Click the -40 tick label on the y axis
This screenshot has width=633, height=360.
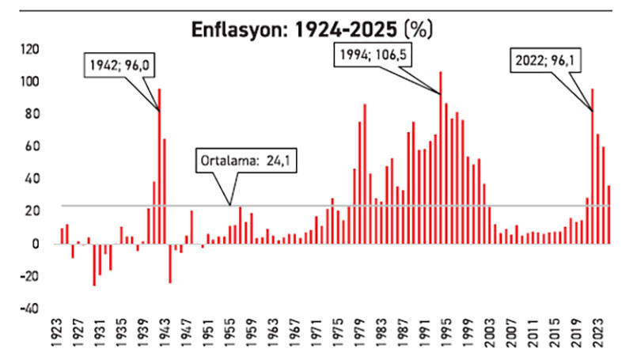click(x=28, y=309)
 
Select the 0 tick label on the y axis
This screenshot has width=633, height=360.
click(x=35, y=244)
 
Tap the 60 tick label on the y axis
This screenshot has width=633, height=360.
click(x=29, y=146)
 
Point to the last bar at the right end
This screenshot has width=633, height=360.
click(x=608, y=214)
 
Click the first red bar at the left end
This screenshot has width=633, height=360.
click(x=62, y=236)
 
